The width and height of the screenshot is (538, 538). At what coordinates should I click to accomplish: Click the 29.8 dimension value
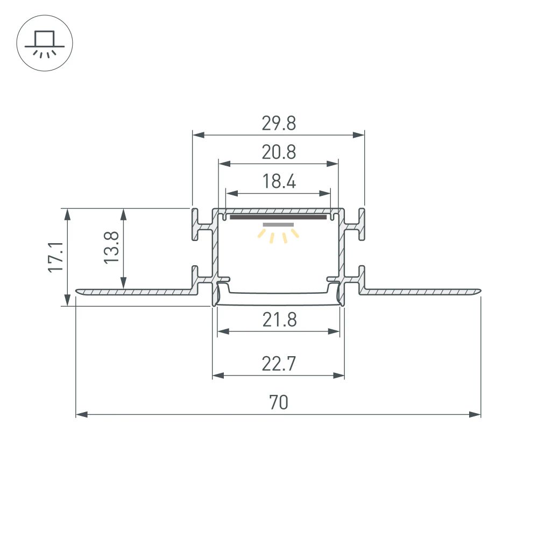(279, 124)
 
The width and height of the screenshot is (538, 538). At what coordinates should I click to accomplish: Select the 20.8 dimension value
(279, 153)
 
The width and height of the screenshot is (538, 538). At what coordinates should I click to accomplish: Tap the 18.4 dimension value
(279, 182)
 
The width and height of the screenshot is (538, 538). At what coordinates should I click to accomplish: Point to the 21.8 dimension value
(279, 320)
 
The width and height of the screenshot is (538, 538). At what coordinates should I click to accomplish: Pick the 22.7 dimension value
(279, 364)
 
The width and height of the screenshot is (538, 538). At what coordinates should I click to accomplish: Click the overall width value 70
(279, 403)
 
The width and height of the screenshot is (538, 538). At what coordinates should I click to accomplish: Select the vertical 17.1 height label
(55, 257)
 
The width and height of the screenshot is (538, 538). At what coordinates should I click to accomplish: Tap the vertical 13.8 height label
(111, 247)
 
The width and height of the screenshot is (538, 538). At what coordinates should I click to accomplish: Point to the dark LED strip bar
(279, 217)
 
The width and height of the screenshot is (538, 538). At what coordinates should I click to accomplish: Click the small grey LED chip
(279, 224)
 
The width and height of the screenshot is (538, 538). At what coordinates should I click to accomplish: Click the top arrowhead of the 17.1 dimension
(67, 214)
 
